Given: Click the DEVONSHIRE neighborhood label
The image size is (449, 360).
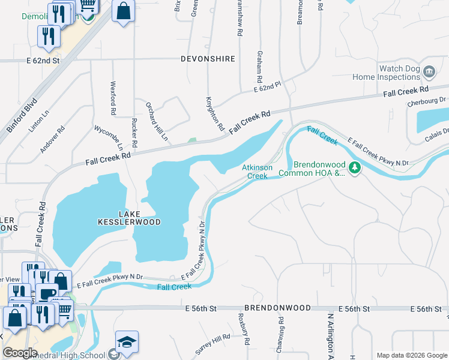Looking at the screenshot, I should [208, 59].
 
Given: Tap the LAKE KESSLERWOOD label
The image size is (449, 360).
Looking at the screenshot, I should [130, 218].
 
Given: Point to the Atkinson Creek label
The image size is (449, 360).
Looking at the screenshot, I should [258, 172].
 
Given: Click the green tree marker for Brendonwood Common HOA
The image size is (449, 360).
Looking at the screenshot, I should [355, 167].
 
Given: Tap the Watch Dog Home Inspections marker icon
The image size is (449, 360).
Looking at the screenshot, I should [429, 72].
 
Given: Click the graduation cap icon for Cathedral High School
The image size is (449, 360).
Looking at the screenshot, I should [127, 343].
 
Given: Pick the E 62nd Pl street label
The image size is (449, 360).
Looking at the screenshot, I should [267, 88].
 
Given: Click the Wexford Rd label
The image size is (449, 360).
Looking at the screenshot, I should [112, 98].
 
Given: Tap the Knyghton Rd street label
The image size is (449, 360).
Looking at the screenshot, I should [214, 113].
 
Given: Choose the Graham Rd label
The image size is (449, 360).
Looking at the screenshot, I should [260, 66].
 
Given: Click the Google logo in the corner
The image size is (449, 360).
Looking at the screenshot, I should [20, 353].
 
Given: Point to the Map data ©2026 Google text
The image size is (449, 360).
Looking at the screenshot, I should [412, 355].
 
